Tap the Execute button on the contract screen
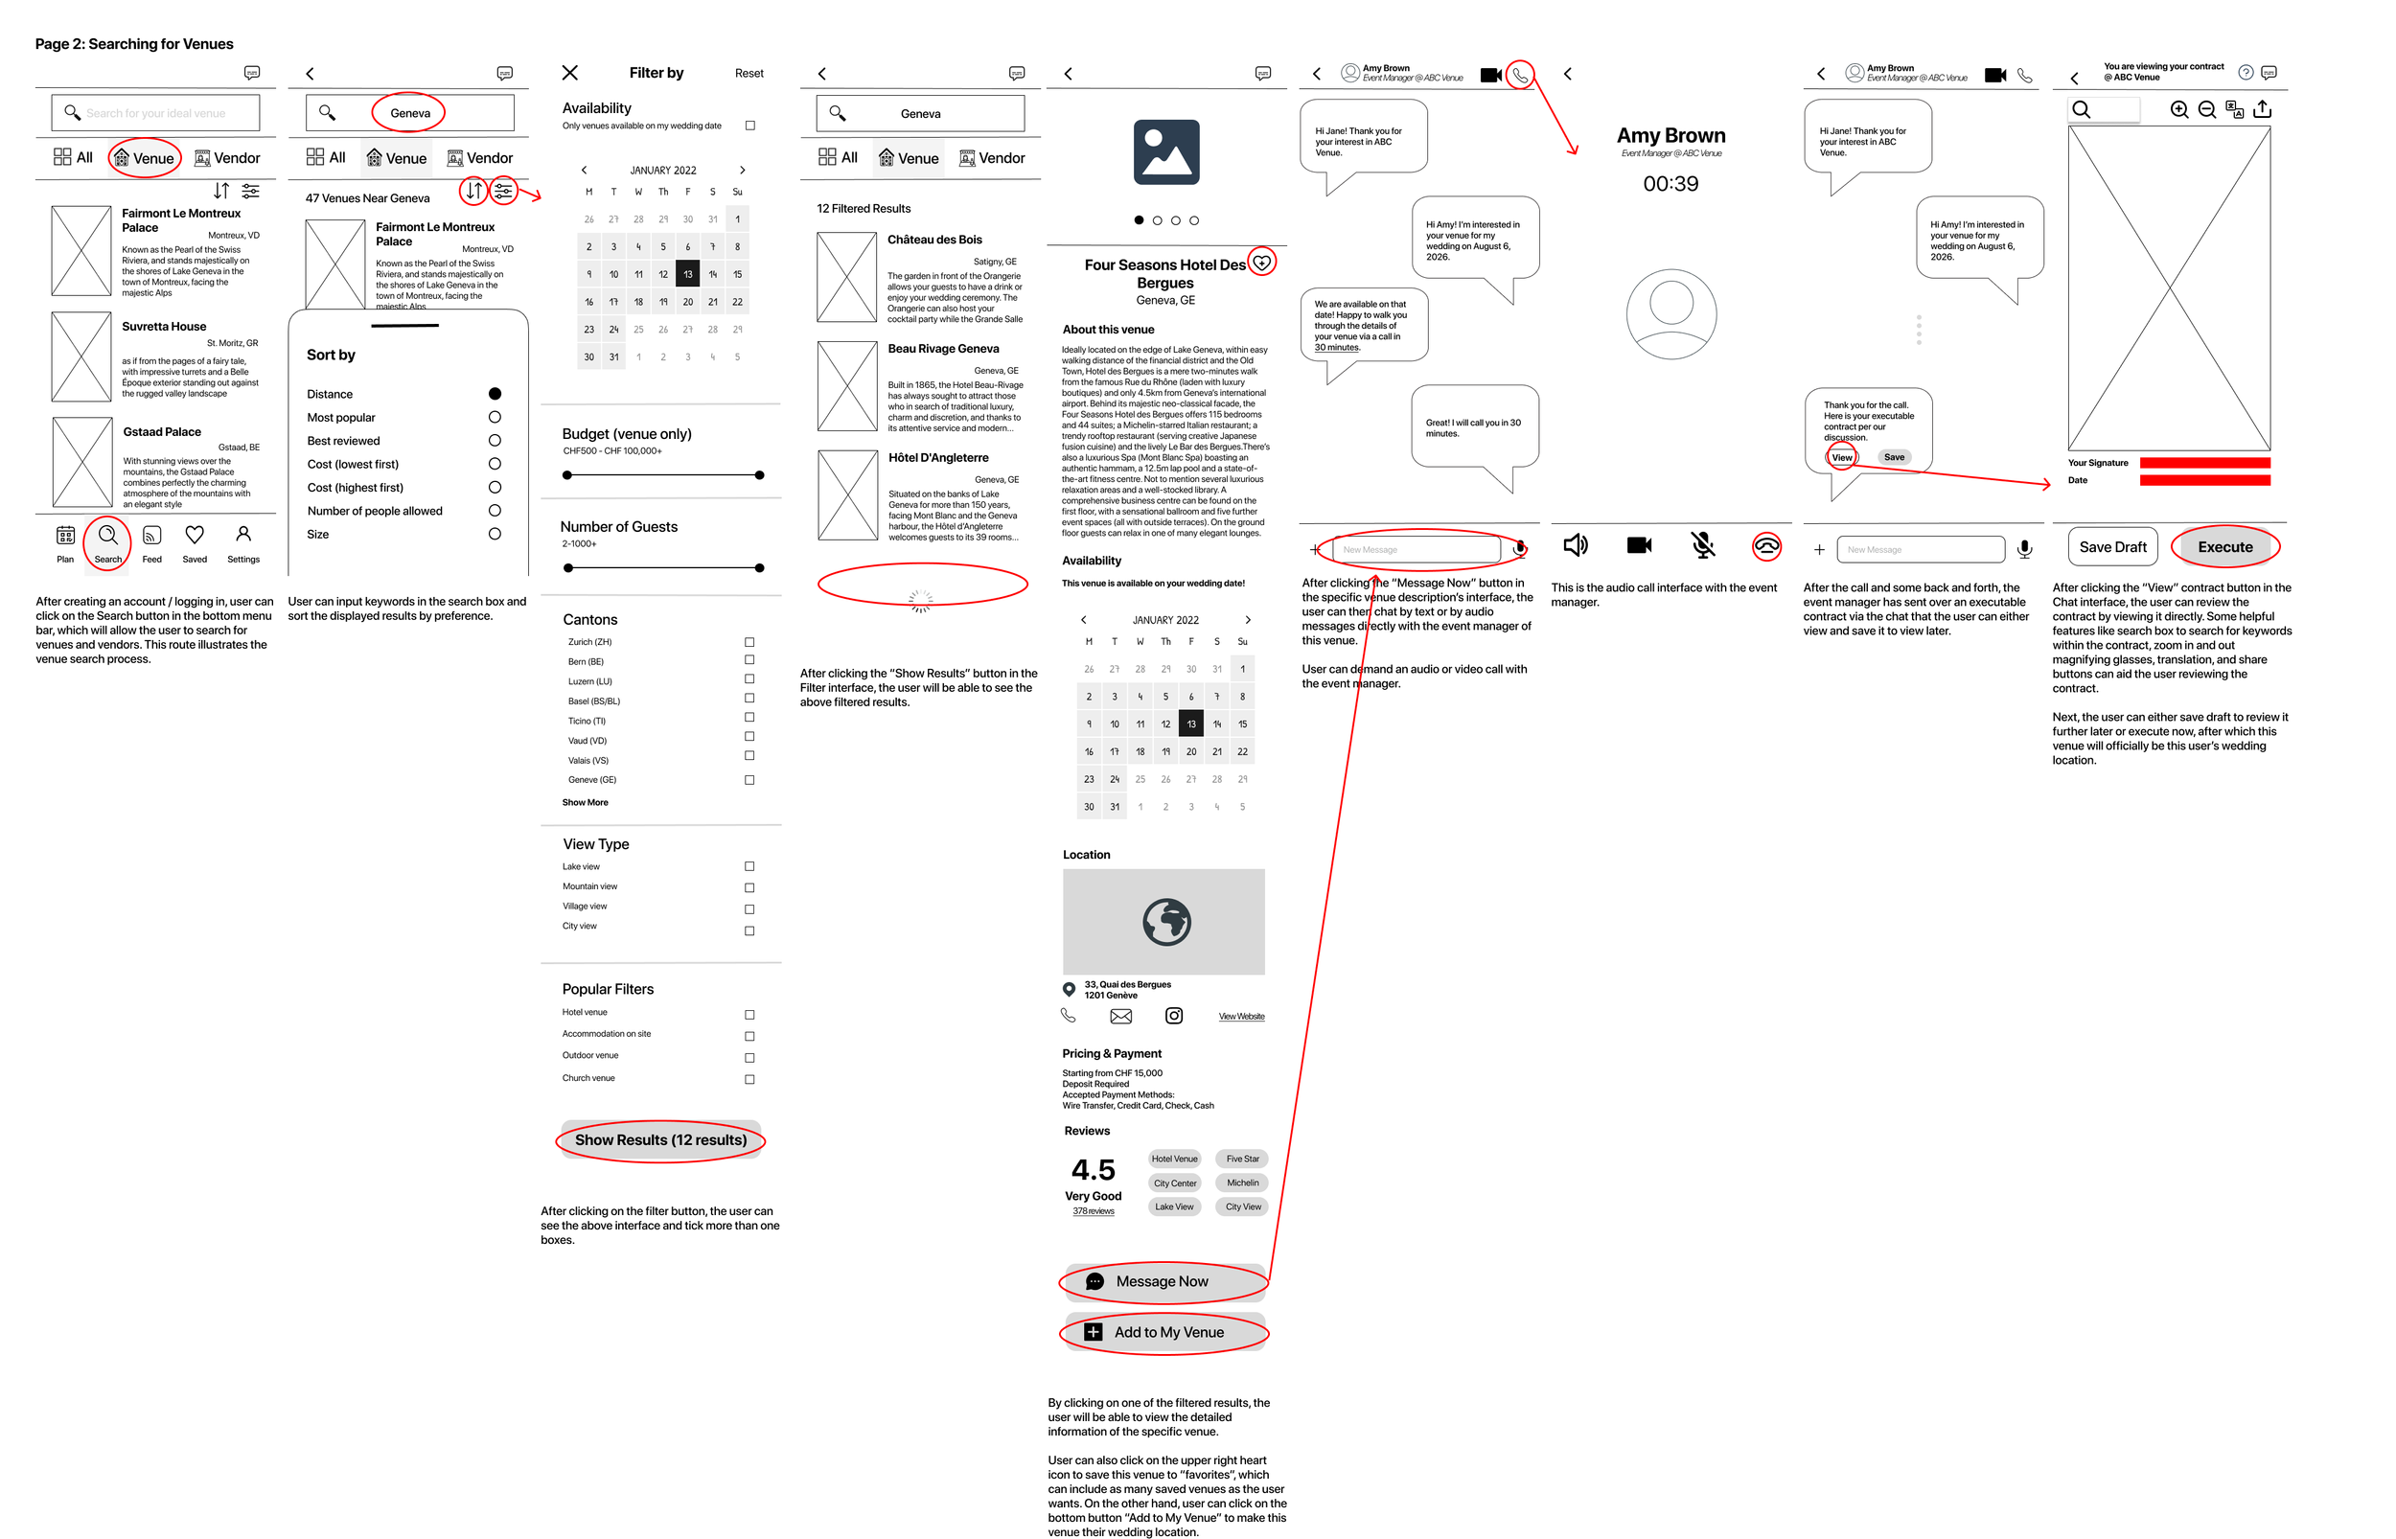tap(2224, 546)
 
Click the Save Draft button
tap(2111, 546)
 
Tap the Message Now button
tap(1161, 1281)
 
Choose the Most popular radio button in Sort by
tap(495, 417)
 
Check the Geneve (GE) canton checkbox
tap(749, 779)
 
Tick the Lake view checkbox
tap(749, 866)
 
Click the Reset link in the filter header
tap(749, 73)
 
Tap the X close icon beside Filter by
tap(569, 72)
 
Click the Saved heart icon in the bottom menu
tap(195, 536)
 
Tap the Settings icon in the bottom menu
tap(242, 535)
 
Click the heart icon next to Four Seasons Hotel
tap(1262, 262)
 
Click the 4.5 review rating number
tap(1094, 1169)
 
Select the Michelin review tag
tap(1242, 1183)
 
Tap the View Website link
tap(1241, 1017)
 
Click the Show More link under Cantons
tap(585, 802)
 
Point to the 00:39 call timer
tap(1670, 184)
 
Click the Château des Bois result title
tap(934, 240)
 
